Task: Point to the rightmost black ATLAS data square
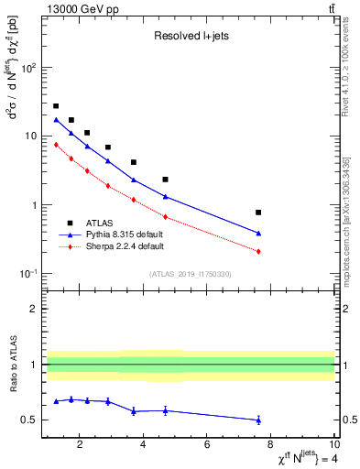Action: pyautogui.click(x=258, y=213)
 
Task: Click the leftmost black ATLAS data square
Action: pyautogui.click(x=56, y=106)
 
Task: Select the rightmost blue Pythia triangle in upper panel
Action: pyautogui.click(x=258, y=233)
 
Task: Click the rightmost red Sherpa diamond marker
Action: pyautogui.click(x=258, y=251)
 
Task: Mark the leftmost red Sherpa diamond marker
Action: pyautogui.click(x=56, y=144)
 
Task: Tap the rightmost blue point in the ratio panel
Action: pyautogui.click(x=258, y=420)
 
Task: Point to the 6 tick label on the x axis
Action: pyautogui.click(x=207, y=445)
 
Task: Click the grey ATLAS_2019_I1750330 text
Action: pyautogui.click(x=190, y=274)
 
